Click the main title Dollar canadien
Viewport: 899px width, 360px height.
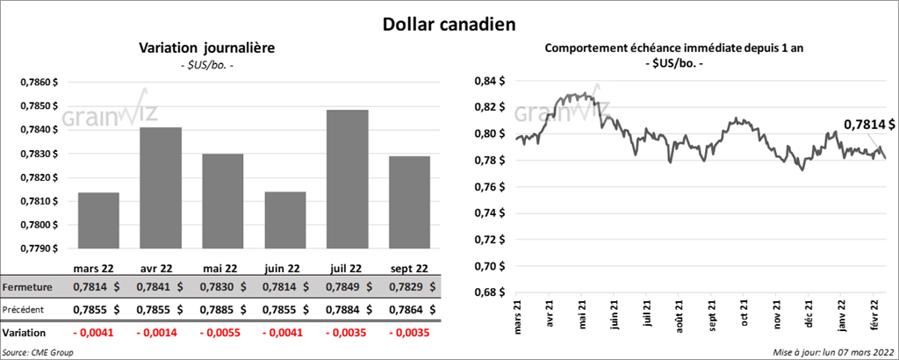click(449, 23)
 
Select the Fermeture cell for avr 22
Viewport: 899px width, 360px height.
click(160, 287)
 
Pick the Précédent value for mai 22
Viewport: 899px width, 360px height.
click(222, 309)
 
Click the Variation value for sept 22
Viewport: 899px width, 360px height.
click(409, 334)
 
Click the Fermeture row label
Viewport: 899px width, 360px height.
click(27, 287)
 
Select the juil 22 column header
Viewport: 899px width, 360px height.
click(347, 268)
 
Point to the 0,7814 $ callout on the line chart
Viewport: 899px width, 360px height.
click(869, 126)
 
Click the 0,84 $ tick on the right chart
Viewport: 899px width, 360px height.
click(490, 81)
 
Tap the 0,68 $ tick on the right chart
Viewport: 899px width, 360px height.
click(490, 292)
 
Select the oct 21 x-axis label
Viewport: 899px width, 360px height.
click(744, 313)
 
